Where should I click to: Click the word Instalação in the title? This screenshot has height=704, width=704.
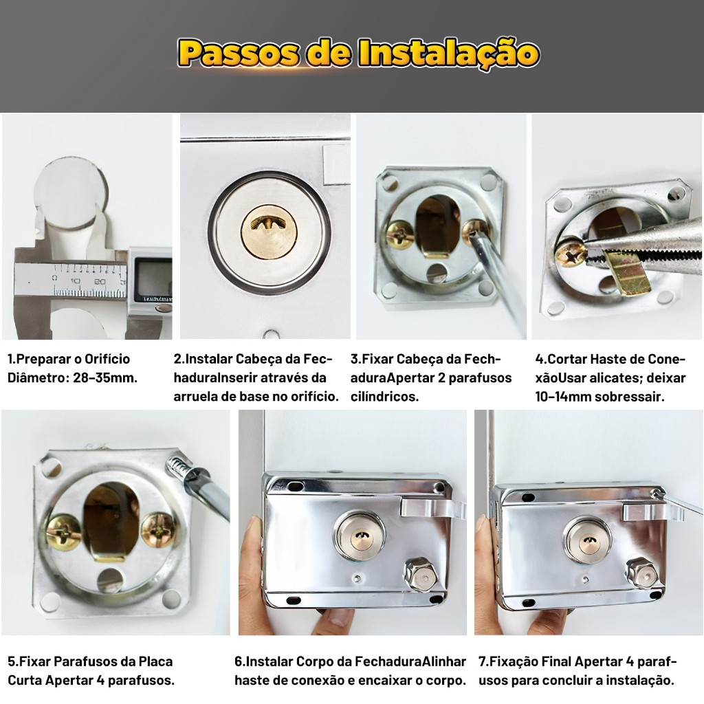449,54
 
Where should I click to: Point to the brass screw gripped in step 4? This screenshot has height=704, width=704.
570,253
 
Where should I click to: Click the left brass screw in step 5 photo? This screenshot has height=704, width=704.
63,533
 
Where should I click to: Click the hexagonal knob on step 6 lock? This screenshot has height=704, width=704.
421,576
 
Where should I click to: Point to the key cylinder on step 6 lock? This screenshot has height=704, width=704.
359,534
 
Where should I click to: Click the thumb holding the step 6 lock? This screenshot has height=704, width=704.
254,545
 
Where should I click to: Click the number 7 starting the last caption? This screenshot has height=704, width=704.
482,661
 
